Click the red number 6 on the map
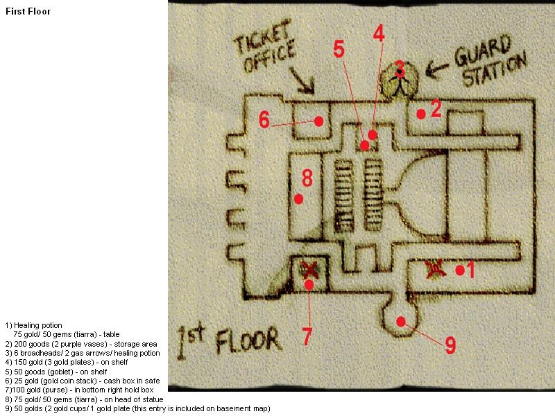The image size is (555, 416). [x=264, y=119]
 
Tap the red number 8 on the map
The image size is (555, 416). [x=307, y=177]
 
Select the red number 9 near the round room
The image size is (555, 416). [x=450, y=345]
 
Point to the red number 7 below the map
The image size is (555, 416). [x=307, y=336]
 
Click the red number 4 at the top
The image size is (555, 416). [x=379, y=34]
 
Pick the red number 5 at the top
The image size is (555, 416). [x=339, y=49]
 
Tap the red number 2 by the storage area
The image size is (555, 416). [x=436, y=109]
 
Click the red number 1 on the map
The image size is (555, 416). [x=470, y=270]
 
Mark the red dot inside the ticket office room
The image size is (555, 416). [x=318, y=121]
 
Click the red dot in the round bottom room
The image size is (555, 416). [x=401, y=322]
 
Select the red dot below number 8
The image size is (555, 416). [x=298, y=199]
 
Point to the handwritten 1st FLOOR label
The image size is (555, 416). [x=230, y=340]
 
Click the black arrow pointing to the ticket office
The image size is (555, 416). [x=302, y=80]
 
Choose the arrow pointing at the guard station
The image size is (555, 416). [x=437, y=69]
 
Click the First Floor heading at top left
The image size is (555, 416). [x=28, y=11]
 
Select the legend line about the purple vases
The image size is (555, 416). [x=81, y=344]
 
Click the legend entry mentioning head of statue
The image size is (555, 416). [x=84, y=399]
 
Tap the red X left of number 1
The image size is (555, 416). [x=435, y=269]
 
